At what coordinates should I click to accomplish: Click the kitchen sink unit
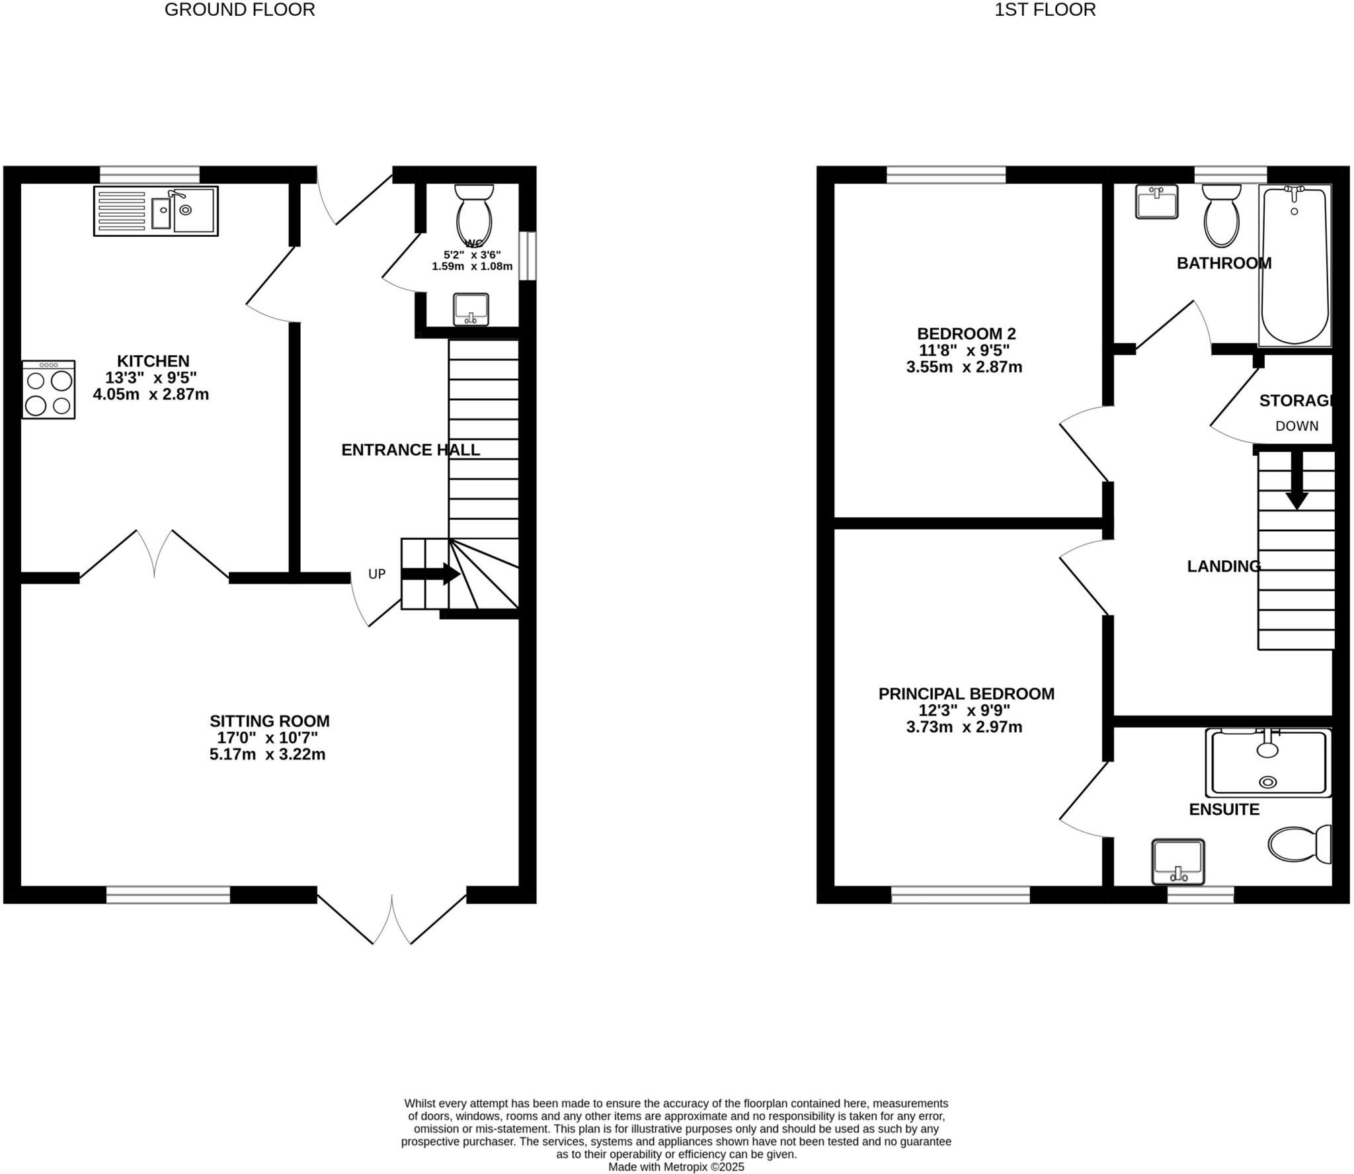155,211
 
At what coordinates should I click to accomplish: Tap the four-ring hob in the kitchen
48,390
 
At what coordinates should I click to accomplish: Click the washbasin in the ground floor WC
471,310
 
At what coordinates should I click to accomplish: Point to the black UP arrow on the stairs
430,573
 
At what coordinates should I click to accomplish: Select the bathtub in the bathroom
1294,265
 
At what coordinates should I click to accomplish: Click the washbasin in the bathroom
1156,201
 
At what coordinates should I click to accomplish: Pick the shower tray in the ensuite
1268,763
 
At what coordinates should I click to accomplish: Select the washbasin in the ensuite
1177,862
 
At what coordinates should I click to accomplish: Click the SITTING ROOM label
269,721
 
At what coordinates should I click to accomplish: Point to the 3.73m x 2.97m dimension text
964,727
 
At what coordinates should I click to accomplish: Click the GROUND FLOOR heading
239,10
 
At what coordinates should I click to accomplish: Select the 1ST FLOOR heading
1045,10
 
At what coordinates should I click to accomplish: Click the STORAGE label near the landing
1295,401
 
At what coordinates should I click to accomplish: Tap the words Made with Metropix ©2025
676,1167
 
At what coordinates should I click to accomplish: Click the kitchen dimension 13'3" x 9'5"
151,378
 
